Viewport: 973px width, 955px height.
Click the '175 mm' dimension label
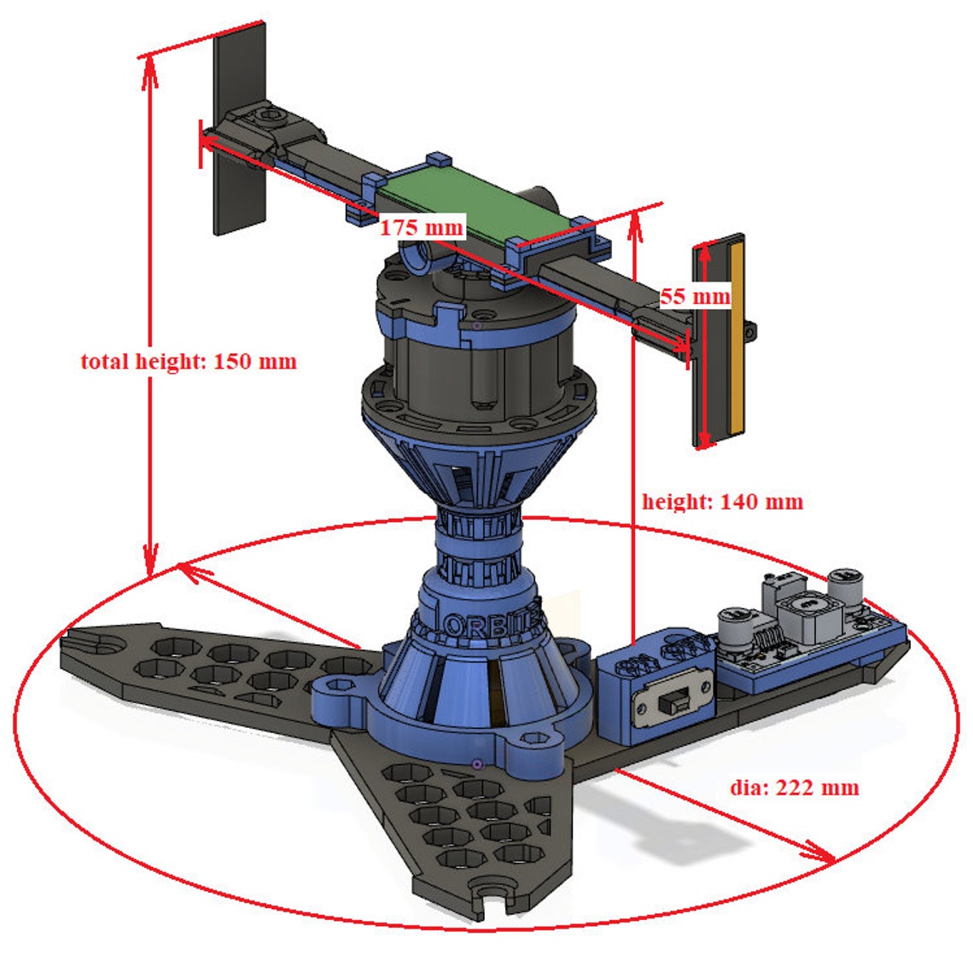pyautogui.click(x=422, y=228)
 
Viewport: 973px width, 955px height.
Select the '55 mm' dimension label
pyautogui.click(x=696, y=296)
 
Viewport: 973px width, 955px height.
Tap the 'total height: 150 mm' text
pyautogui.click(x=189, y=361)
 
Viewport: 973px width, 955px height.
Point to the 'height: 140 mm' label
pyautogui.click(x=722, y=501)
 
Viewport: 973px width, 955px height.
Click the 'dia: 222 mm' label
pyautogui.click(x=795, y=787)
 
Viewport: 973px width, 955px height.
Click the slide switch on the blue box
pyautogui.click(x=674, y=702)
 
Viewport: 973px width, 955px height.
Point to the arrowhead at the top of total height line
pyautogui.click(x=149, y=68)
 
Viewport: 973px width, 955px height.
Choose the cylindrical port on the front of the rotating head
pyautogui.click(x=417, y=253)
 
